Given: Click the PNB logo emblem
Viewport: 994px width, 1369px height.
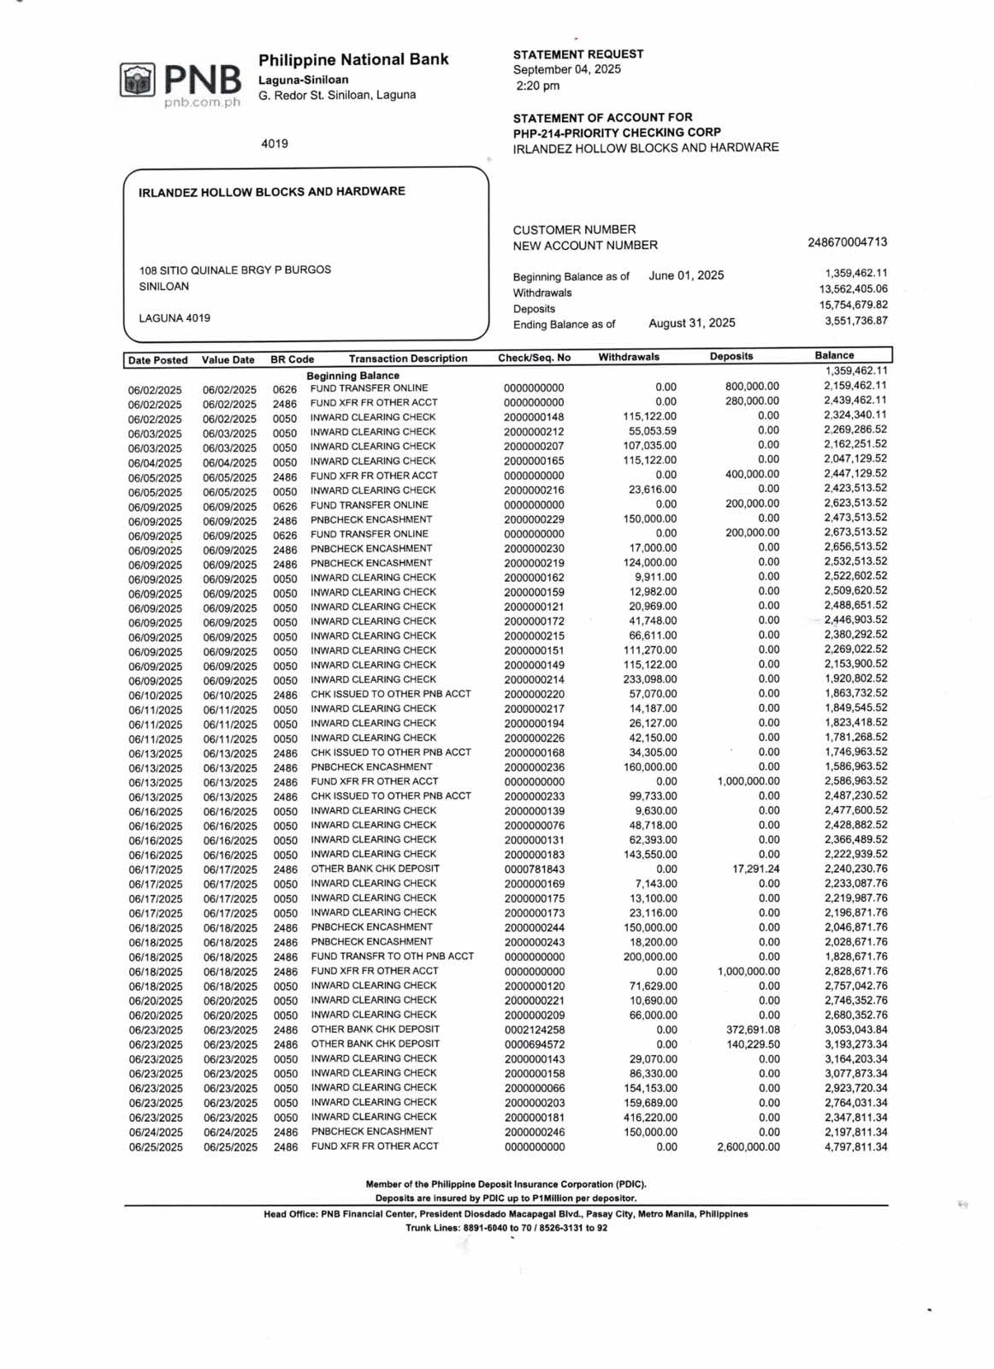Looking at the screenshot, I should (137, 80).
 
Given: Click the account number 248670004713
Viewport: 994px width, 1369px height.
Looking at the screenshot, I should (847, 243).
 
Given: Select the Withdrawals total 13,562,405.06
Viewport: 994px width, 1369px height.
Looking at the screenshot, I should (853, 289).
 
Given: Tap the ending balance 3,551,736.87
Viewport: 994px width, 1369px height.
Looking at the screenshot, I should (855, 322).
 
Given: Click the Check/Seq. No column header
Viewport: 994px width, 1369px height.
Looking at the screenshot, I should (534, 358).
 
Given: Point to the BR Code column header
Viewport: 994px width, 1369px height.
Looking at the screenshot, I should (292, 359).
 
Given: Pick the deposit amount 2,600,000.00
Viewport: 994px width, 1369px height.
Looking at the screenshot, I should (748, 1147).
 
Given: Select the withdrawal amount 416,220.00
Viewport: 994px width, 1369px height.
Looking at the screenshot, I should (649, 1117).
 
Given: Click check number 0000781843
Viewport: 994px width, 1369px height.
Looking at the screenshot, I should (534, 869).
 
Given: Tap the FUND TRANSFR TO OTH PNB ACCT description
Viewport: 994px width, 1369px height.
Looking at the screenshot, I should (392, 957).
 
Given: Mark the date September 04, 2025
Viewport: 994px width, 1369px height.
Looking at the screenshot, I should (566, 69).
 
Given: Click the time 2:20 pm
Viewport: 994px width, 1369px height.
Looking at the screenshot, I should (537, 86).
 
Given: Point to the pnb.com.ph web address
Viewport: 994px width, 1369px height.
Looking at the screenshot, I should (202, 103).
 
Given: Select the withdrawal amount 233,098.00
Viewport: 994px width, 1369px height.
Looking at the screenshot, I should (649, 679).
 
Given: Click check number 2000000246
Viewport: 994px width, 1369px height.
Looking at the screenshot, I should (534, 1132).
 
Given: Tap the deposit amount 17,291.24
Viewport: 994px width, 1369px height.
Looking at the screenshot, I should (755, 869).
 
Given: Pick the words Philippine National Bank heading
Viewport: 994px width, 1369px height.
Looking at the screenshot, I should (353, 60).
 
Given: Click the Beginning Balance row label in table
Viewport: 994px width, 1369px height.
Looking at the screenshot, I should (352, 376).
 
